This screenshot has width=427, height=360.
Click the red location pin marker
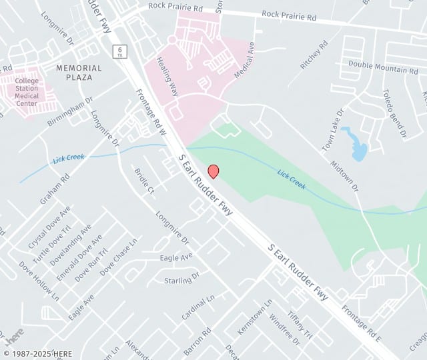[x=213, y=171]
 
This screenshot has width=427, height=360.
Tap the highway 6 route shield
[x=119, y=51]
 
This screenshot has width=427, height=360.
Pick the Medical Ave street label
[x=245, y=60]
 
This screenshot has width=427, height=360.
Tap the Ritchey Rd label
[x=314, y=55]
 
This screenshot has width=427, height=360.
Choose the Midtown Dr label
[x=346, y=177]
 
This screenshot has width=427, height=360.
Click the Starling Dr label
[x=181, y=278]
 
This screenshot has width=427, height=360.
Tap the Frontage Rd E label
[x=360, y=319]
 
